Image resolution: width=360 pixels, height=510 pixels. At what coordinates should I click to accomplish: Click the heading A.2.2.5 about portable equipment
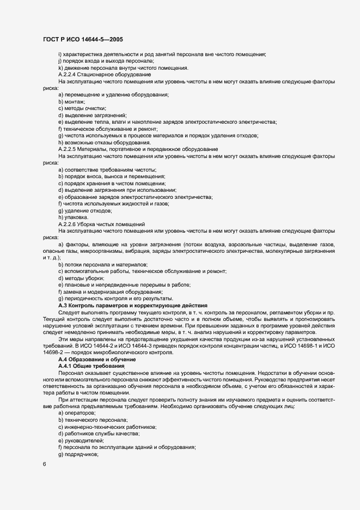click(138, 149)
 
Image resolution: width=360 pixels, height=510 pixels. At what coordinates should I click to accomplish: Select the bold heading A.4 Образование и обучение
click(97, 360)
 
